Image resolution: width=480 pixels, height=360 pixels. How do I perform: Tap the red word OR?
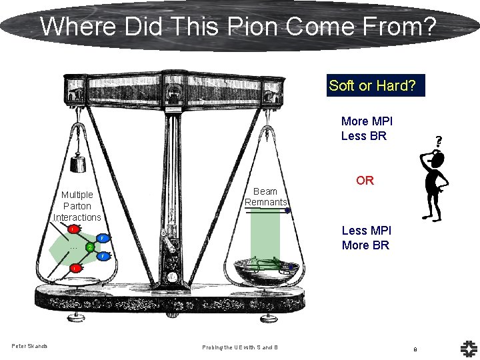365,181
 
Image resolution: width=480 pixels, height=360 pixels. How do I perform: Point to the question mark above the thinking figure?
438,141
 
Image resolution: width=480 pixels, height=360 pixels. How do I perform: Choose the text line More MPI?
367,121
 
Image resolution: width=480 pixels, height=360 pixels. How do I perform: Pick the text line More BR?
366,245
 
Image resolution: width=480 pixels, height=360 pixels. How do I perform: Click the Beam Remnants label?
265,197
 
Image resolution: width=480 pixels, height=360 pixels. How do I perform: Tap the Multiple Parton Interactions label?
77,206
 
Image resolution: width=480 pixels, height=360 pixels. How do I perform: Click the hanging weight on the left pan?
79,163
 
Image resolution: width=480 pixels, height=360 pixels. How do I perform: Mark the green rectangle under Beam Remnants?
265,237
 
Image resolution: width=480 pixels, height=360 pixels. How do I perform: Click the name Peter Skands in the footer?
29,345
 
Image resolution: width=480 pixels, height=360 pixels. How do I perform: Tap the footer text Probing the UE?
241,347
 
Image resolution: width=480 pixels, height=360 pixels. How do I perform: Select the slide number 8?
415,349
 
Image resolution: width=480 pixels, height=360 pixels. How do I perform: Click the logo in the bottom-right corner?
467,347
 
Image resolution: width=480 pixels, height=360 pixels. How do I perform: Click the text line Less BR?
363,136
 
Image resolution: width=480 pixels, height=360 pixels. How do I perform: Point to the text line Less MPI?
366,231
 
